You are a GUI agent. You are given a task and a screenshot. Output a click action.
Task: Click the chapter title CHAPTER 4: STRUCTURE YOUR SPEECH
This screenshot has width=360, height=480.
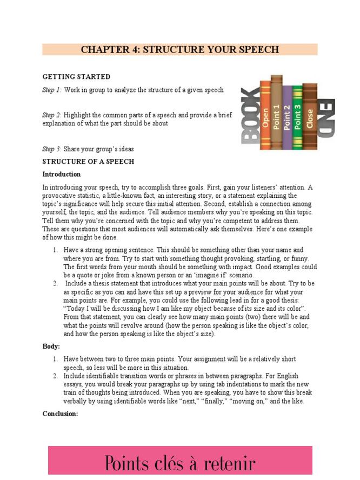tap(179, 50)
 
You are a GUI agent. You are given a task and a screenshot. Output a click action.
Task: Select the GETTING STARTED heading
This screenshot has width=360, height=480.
tap(76, 77)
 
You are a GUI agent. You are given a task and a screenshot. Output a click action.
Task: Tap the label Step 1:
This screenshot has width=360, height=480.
tap(52, 90)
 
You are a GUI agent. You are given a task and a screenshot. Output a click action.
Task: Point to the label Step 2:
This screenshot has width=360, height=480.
tap(52, 115)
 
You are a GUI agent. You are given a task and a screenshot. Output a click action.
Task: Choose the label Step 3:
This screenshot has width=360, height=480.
tap(52, 149)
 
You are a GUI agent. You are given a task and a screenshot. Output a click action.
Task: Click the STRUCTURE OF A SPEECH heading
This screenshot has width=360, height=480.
tap(88, 162)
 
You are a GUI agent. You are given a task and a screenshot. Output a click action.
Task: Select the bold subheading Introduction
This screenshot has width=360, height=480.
tap(61, 175)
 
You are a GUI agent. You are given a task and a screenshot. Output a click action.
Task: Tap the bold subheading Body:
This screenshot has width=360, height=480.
tap(51, 346)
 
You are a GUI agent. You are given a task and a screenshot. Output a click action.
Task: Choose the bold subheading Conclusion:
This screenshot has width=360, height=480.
tap(60, 414)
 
